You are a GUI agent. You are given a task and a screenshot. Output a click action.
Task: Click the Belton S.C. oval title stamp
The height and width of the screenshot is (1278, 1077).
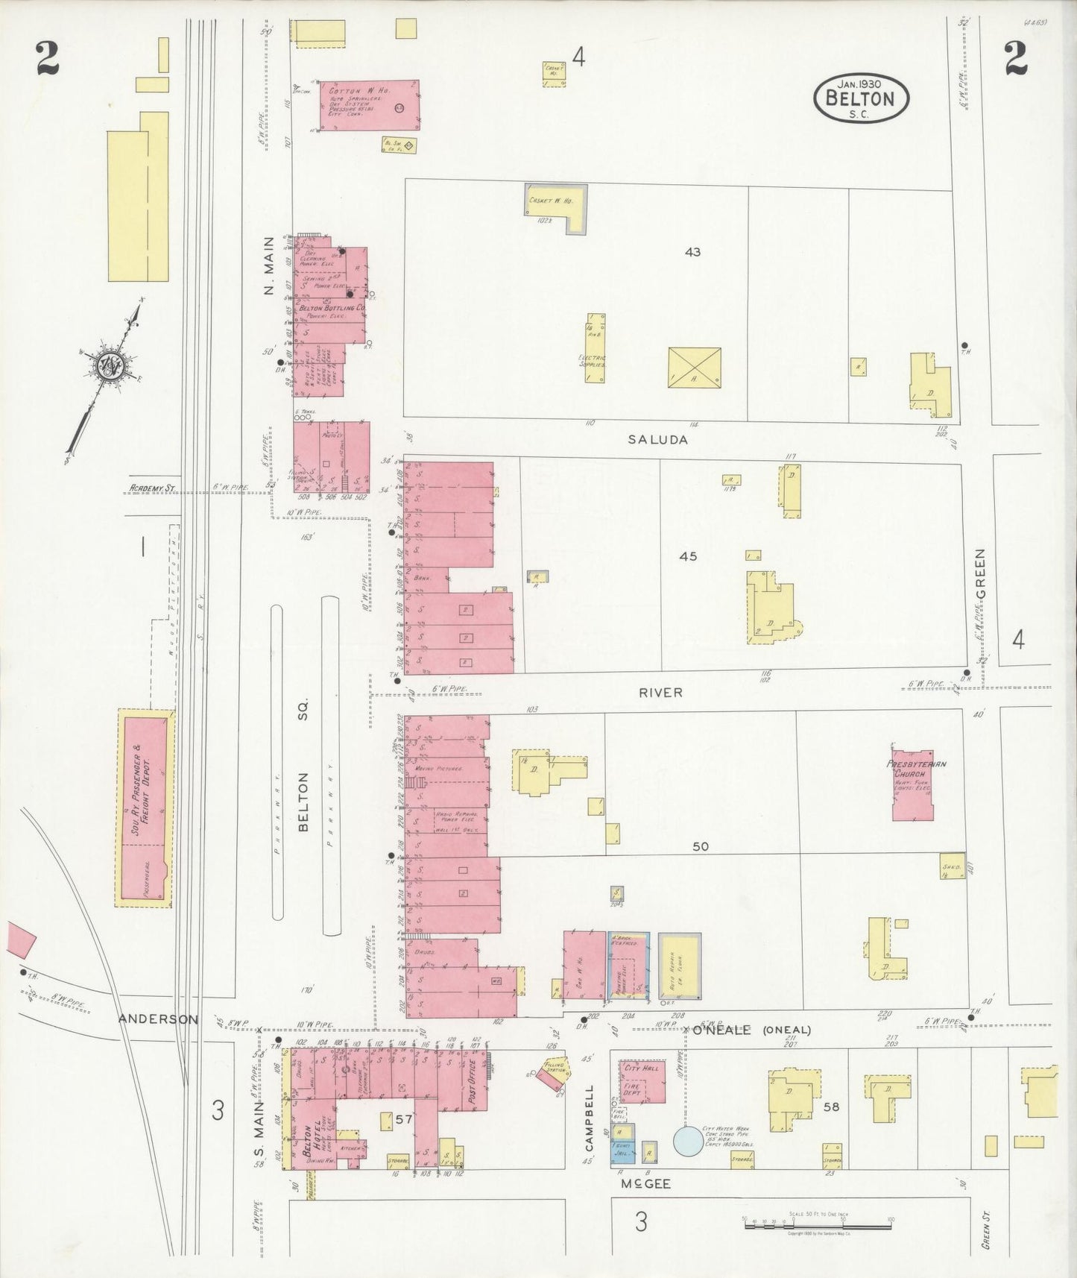point(862,98)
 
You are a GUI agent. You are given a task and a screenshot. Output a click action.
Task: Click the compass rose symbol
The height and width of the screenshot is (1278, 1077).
point(107,366)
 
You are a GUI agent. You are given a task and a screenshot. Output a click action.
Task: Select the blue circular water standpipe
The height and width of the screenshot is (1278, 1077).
point(687,1139)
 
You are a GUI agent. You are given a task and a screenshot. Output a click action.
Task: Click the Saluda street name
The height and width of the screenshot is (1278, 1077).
point(657,440)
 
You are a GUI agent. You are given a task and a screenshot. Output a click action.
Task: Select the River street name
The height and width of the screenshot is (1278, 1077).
point(660,693)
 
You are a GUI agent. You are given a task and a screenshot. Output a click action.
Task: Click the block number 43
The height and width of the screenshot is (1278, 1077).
point(692,253)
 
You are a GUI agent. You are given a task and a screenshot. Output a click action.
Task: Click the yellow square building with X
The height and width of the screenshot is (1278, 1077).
point(694,367)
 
